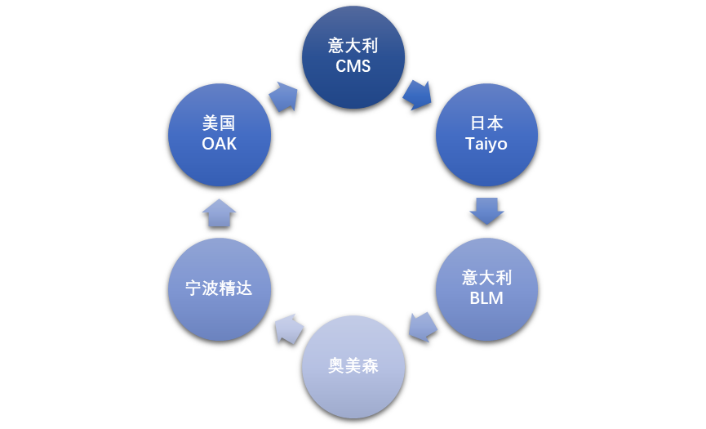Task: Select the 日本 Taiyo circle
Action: coord(486,135)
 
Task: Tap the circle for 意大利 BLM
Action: coord(486,288)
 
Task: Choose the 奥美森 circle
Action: coord(353,366)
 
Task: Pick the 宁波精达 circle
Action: coord(219,288)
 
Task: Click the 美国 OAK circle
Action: coord(219,135)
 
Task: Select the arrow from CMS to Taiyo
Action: coord(417,95)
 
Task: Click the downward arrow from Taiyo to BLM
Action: coord(486,210)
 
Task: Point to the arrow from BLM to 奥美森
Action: coord(422,327)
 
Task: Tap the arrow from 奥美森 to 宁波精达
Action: coord(288,328)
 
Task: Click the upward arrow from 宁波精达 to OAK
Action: coord(219,212)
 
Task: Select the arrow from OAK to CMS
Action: coord(284,96)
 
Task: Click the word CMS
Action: coord(353,67)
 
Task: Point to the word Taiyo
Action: coord(486,145)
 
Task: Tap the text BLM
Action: coord(486,298)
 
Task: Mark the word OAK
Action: coord(219,145)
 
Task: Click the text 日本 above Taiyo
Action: coord(486,123)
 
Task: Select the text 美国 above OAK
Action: coord(219,123)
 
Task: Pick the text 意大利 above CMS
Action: coord(353,46)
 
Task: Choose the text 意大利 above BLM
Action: coord(486,277)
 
